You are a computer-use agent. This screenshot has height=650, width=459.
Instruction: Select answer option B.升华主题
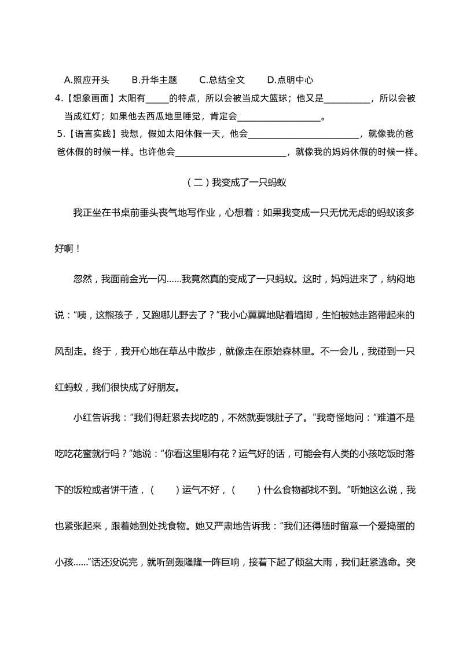pyautogui.click(x=154, y=80)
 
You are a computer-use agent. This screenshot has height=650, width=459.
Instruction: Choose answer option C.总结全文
pyautogui.click(x=222, y=80)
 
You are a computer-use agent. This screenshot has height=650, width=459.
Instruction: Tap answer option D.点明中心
pyautogui.click(x=290, y=80)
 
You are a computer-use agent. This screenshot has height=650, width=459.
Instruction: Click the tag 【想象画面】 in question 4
pyautogui.click(x=91, y=98)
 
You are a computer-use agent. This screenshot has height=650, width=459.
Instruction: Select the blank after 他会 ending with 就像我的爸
pyautogui.click(x=303, y=135)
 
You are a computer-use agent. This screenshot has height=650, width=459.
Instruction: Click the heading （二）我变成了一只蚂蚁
pyautogui.click(x=237, y=182)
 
